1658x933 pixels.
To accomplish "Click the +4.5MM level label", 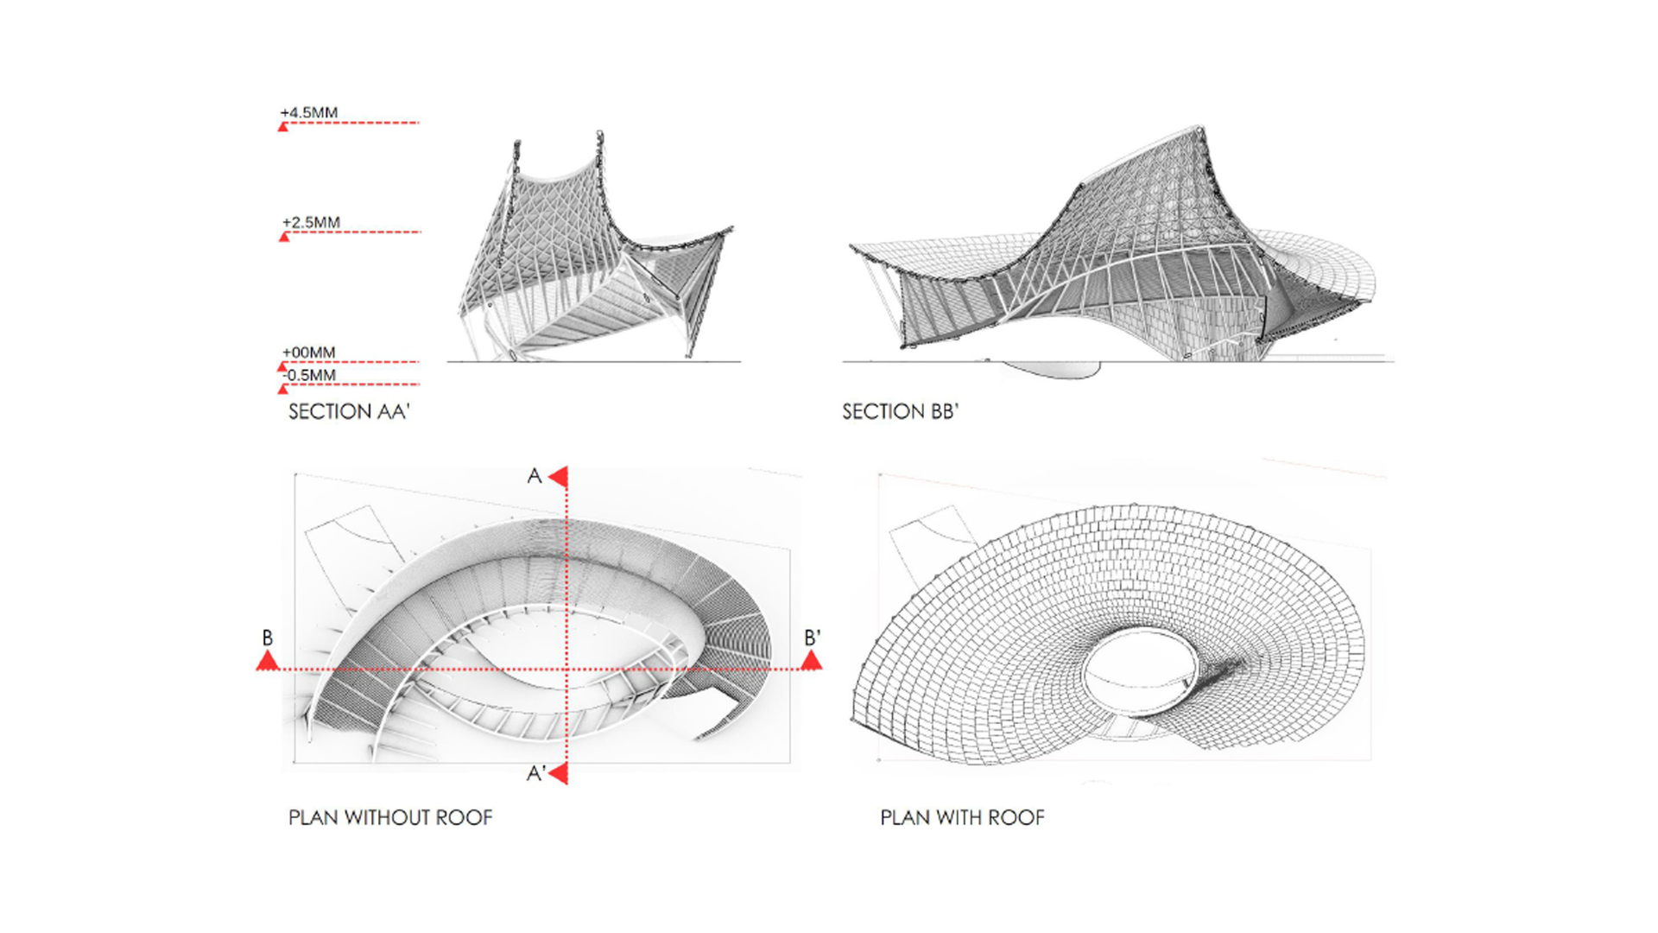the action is point(308,112).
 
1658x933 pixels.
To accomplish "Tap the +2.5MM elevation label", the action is point(311,222).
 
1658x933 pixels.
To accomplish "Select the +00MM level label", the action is point(308,352).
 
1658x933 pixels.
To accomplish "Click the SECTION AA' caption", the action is point(349,411).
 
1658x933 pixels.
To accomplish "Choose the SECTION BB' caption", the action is point(901,411).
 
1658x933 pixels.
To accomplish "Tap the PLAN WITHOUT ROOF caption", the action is point(390,817).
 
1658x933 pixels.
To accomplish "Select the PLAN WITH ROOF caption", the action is point(962,817).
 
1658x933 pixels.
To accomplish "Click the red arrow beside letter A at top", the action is point(559,476).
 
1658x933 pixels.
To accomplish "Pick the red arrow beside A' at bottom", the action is point(559,773).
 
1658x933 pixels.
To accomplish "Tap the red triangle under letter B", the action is point(268,661).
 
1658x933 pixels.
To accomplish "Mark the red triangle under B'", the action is point(811,661).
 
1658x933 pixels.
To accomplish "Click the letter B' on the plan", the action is point(812,638).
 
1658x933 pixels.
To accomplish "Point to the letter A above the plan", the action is point(535,476).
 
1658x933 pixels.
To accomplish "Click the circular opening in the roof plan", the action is point(1141,671).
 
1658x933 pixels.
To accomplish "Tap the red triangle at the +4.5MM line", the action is point(283,127).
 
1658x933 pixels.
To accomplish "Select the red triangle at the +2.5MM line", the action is point(284,237).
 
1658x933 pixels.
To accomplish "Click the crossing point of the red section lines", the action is point(566,669).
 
